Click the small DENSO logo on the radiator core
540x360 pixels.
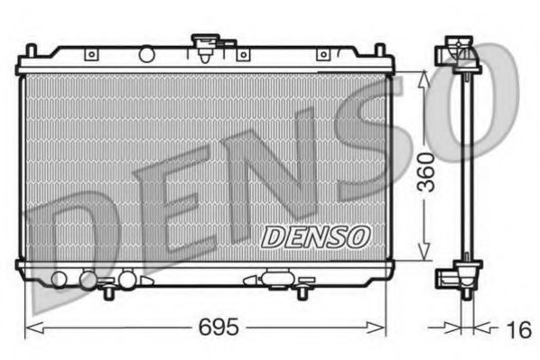click(x=315, y=236)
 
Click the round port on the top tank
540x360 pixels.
click(x=146, y=55)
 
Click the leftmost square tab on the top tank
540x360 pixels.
click(x=90, y=55)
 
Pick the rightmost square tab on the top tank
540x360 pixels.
click(x=322, y=55)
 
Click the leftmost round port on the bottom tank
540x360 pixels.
click(x=61, y=279)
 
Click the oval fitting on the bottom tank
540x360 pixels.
click(x=275, y=280)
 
